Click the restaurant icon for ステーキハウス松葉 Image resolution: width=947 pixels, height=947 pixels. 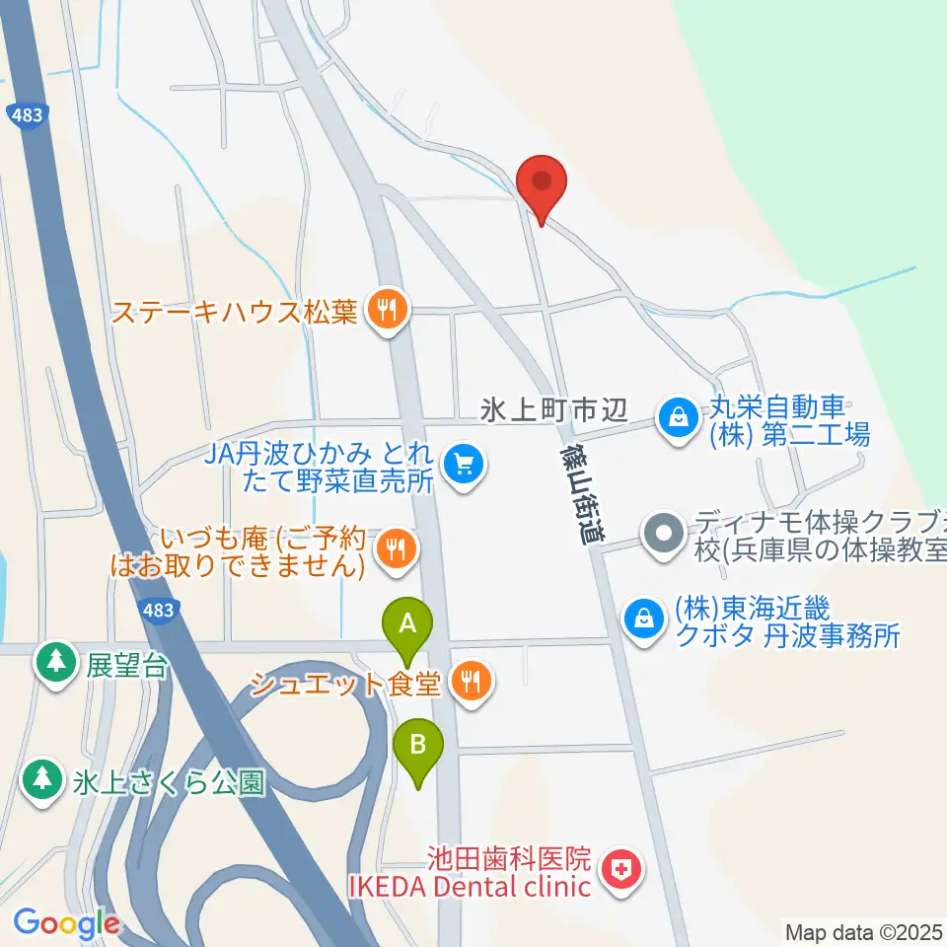384,312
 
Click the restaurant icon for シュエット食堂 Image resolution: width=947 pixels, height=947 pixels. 472,680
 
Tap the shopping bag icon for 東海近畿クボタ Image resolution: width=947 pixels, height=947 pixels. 643,619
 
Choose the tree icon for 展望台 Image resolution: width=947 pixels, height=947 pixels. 55,662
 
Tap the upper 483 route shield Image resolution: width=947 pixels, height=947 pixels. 29,115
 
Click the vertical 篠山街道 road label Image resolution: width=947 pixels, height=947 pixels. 578,493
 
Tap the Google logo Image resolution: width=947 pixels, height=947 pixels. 66,923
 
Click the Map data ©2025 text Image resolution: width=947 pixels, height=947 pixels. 863,931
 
